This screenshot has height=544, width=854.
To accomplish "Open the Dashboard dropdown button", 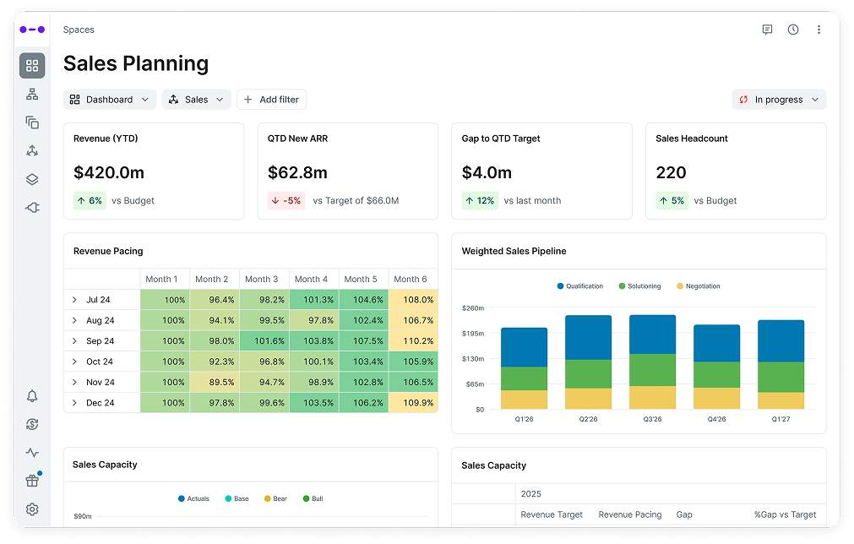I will [x=110, y=100].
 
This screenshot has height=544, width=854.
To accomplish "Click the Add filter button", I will [x=271, y=100].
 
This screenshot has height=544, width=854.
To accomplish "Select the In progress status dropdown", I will [x=779, y=100].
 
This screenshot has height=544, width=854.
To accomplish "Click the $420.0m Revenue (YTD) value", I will [x=109, y=173].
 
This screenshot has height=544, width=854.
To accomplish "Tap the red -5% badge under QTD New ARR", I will [x=286, y=201].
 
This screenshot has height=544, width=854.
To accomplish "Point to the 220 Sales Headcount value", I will [x=671, y=173].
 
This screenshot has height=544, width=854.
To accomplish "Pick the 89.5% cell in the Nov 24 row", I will [x=214, y=383].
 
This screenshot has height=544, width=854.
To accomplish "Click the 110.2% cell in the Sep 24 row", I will [x=413, y=341].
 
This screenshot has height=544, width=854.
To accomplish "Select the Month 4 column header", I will [x=313, y=279].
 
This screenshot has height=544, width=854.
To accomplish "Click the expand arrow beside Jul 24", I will [x=74, y=300].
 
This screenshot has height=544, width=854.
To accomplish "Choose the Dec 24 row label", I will [x=100, y=403].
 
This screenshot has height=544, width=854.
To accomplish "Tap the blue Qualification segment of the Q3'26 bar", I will [x=652, y=335].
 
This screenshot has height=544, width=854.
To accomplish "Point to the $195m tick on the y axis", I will [x=473, y=334].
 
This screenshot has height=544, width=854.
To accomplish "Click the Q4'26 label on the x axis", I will [x=716, y=419].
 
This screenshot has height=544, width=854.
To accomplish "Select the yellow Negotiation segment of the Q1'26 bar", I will [x=524, y=400].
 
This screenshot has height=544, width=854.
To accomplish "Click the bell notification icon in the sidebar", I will [x=32, y=396].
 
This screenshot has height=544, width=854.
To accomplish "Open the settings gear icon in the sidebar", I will [x=32, y=509].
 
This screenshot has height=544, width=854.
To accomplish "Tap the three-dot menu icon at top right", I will [x=819, y=30].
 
